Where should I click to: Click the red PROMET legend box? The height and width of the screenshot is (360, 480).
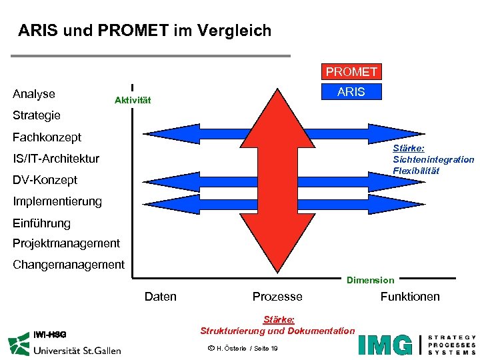351,71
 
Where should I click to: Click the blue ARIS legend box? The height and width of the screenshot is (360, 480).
351,92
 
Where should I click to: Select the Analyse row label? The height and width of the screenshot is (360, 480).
34,94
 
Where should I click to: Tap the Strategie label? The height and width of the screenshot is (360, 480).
37,115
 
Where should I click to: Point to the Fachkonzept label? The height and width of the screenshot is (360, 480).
47,137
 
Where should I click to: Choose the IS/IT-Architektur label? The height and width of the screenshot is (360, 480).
56,159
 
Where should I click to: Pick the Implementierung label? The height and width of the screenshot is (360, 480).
57,201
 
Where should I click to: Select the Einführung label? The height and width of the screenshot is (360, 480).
41,223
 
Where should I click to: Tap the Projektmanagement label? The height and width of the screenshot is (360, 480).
67,243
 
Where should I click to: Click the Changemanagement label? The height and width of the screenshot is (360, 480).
69,265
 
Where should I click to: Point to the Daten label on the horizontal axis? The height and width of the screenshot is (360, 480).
161,297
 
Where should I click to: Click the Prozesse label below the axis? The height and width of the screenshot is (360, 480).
277,297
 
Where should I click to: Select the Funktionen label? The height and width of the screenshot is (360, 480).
410,297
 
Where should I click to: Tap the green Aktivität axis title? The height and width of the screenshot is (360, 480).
133,101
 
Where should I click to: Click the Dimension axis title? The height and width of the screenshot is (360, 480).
370,281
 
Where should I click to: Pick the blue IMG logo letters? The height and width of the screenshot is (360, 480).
385,344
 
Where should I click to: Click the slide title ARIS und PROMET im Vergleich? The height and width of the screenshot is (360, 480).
145,31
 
